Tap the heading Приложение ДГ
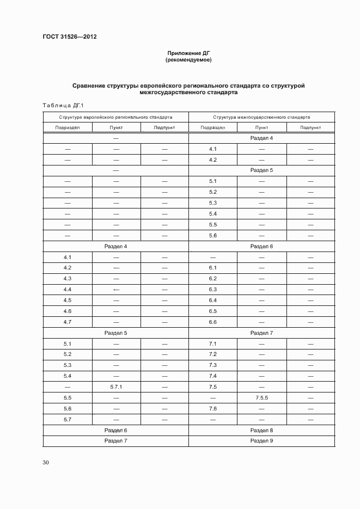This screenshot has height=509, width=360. tap(188, 53)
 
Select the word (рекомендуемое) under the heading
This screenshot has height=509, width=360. tap(188, 60)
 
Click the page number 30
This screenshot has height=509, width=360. tap(46, 462)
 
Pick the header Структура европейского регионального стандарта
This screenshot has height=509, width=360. tap(115, 117)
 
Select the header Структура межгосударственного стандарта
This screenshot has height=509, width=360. tap(261, 117)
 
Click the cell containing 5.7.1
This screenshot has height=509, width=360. tap(116, 387)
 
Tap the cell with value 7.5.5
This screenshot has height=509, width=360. tap(261, 398)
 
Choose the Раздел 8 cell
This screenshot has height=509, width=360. tap(261, 430)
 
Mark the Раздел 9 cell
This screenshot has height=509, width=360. tap(261, 440)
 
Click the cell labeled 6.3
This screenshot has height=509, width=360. tap(213, 290)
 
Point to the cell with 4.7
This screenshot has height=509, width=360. tap(68, 322)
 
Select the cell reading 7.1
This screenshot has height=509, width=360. tap(213, 344)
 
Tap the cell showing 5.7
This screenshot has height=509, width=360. tap(68, 419)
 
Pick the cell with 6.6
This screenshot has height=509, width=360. tap(213, 322)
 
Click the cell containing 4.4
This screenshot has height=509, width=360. tap(68, 290)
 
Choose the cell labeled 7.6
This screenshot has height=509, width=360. tap(213, 408)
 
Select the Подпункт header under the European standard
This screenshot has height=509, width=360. tap(164, 128)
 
